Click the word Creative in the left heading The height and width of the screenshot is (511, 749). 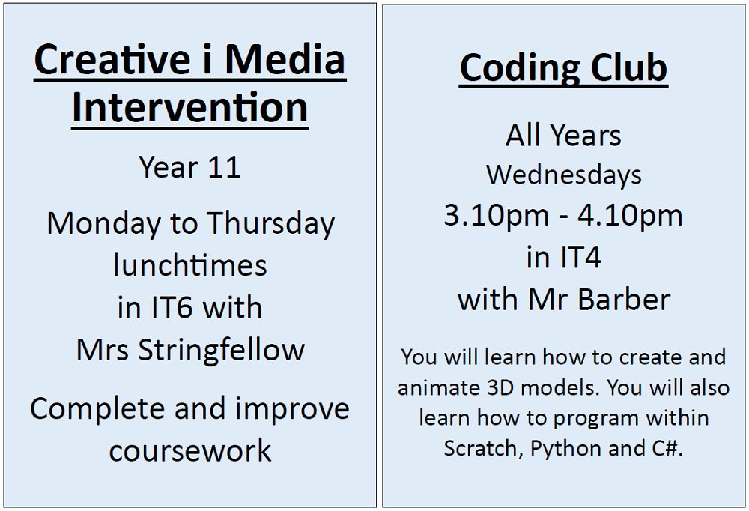point(112,59)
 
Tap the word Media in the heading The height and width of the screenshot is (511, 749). point(285,59)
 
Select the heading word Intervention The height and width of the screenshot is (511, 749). point(190,107)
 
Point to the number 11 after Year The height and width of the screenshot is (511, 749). point(225,167)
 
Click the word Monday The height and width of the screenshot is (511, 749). point(104,224)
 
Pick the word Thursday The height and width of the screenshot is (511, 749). point(270,224)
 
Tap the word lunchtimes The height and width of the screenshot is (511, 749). point(190,265)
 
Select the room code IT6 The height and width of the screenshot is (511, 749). point(172,307)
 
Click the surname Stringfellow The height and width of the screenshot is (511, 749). point(221,351)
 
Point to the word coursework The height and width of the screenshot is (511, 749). point(190,451)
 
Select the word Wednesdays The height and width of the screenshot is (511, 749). point(564,175)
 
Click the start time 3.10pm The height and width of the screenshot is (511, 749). point(497,216)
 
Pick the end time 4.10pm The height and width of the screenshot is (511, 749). point(630,216)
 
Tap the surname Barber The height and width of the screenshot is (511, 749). point(624,300)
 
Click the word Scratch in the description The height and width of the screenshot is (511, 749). point(483,448)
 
